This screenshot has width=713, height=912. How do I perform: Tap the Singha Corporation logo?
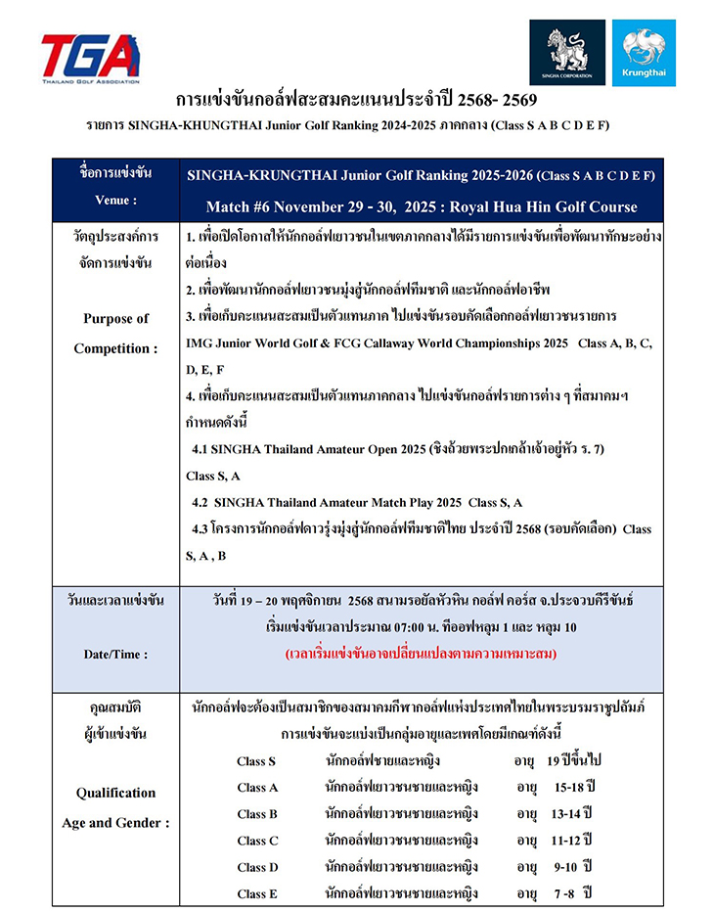(567, 52)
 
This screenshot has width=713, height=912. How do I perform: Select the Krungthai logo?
(644, 52)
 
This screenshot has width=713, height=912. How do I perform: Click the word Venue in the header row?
(116, 200)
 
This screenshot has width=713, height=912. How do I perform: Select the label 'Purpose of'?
(115, 318)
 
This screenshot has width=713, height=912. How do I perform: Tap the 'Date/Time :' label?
(115, 653)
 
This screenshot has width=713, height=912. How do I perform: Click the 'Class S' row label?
(256, 760)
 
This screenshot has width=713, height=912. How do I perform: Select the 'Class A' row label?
(257, 787)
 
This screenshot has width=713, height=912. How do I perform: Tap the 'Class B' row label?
(257, 813)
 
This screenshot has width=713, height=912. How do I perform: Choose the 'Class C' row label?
(257, 840)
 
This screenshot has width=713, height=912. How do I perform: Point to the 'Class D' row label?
(257, 866)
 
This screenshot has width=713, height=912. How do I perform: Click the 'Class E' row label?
(257, 892)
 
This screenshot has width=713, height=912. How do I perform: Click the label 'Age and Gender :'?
(115, 823)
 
